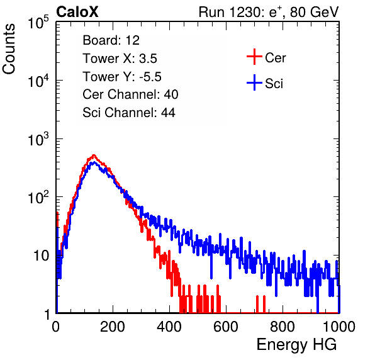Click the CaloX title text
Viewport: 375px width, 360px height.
point(77,12)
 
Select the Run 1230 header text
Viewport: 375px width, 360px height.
point(269,13)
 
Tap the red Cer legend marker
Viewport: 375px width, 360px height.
point(254,57)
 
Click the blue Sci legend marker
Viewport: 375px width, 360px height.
point(254,83)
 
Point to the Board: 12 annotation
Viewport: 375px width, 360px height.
point(111,40)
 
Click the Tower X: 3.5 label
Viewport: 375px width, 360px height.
point(120,59)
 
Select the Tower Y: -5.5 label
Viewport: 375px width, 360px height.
point(122,77)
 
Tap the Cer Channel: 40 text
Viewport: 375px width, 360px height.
point(130,94)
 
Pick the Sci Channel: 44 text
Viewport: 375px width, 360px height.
point(129,113)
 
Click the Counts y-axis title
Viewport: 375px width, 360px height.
point(9,49)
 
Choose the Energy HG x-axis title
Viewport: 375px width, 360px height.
point(296,345)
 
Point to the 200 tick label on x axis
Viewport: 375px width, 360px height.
point(113,327)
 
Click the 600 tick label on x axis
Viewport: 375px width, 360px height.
point(226,327)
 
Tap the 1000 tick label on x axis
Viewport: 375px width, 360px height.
point(339,327)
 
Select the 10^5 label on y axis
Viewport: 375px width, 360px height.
point(38,23)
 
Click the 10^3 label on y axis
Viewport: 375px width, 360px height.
point(38,139)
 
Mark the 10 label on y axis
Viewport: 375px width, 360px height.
point(41,256)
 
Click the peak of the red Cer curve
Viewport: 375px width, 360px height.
point(94,155)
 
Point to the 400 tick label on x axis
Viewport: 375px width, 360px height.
point(169,327)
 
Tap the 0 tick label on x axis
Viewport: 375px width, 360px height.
point(56,327)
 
